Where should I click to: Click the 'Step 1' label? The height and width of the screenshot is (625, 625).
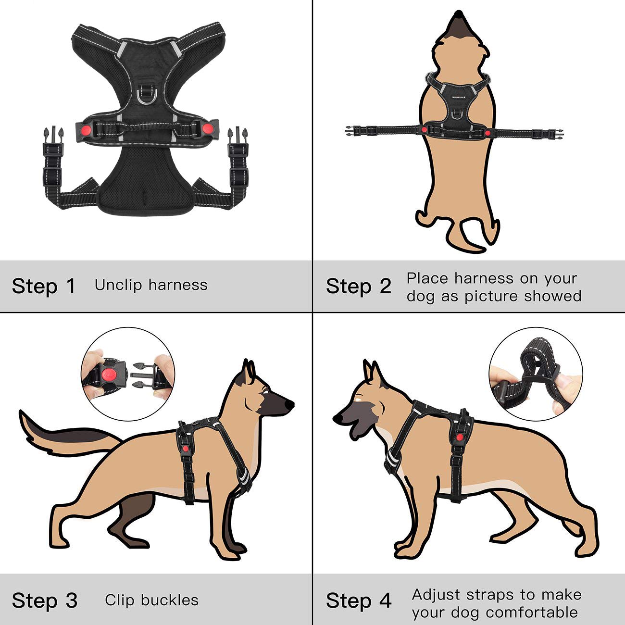pyautogui.click(x=43, y=286)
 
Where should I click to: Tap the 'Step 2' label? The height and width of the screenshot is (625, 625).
pyautogui.click(x=358, y=286)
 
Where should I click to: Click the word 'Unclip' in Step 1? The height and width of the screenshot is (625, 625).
pyautogui.click(x=118, y=285)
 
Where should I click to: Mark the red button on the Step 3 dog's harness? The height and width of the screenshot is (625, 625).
pyautogui.click(x=185, y=449)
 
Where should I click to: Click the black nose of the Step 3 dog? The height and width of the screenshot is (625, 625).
pyautogui.click(x=289, y=404)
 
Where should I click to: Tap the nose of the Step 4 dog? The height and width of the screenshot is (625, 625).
pyautogui.click(x=338, y=418)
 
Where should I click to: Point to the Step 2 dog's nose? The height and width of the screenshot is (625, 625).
pyautogui.click(x=458, y=14)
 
